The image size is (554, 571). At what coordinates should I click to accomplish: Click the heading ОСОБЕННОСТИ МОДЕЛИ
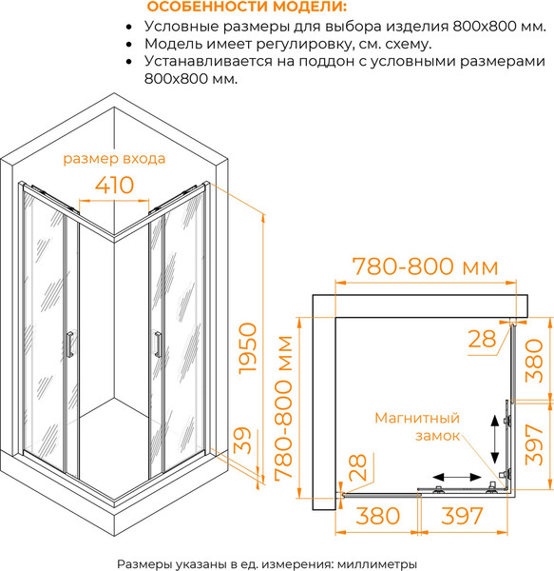[x=247, y=7]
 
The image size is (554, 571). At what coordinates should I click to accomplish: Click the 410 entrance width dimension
[x=115, y=185]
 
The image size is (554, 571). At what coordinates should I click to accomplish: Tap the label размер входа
[x=114, y=159]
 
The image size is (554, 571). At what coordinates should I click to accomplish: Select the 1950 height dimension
[x=247, y=348]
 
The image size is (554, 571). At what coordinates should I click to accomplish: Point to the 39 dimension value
[x=242, y=441]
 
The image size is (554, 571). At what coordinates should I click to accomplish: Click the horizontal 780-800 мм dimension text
[x=426, y=266]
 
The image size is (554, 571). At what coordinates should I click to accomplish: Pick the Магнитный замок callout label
[x=418, y=426]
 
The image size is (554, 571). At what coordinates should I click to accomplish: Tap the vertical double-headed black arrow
[x=494, y=439]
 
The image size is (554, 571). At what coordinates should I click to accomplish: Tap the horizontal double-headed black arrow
[x=457, y=477]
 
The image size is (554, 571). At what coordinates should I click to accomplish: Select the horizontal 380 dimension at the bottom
[x=377, y=516]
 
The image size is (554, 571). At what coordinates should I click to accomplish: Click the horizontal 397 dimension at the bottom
[x=463, y=516]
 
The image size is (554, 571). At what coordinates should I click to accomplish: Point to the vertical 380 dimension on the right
[x=534, y=360]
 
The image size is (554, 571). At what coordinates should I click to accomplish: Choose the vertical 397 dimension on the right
[x=534, y=444]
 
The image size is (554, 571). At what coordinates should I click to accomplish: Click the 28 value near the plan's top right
[x=482, y=339]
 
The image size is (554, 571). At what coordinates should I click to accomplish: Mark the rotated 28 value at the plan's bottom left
[x=357, y=467]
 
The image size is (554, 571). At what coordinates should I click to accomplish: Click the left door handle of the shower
[x=69, y=345]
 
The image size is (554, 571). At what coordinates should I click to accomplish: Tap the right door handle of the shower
[x=158, y=345]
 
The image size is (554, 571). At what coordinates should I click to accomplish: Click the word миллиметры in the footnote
[x=377, y=564]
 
